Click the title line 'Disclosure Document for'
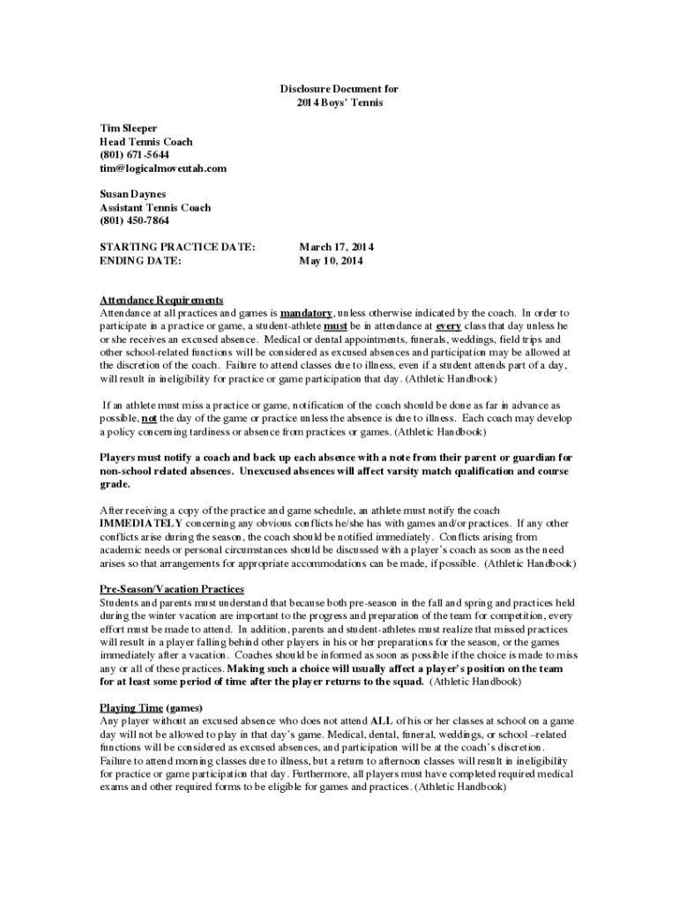(x=339, y=89)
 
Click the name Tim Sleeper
(x=128, y=128)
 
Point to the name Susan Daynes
(x=132, y=194)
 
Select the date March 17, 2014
(x=336, y=248)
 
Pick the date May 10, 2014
(x=331, y=261)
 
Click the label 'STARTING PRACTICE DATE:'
(x=177, y=248)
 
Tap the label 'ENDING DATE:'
(x=140, y=261)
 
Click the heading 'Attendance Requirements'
(x=160, y=300)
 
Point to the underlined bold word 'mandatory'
(x=306, y=313)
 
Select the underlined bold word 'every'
(x=449, y=326)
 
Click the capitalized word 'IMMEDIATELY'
(x=140, y=523)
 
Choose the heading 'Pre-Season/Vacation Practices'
(x=171, y=589)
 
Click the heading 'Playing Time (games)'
(x=151, y=707)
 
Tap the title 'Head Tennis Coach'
(x=145, y=141)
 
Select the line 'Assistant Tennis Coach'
(x=154, y=207)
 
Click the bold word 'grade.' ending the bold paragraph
(x=115, y=484)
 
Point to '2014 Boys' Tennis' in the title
(x=339, y=102)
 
